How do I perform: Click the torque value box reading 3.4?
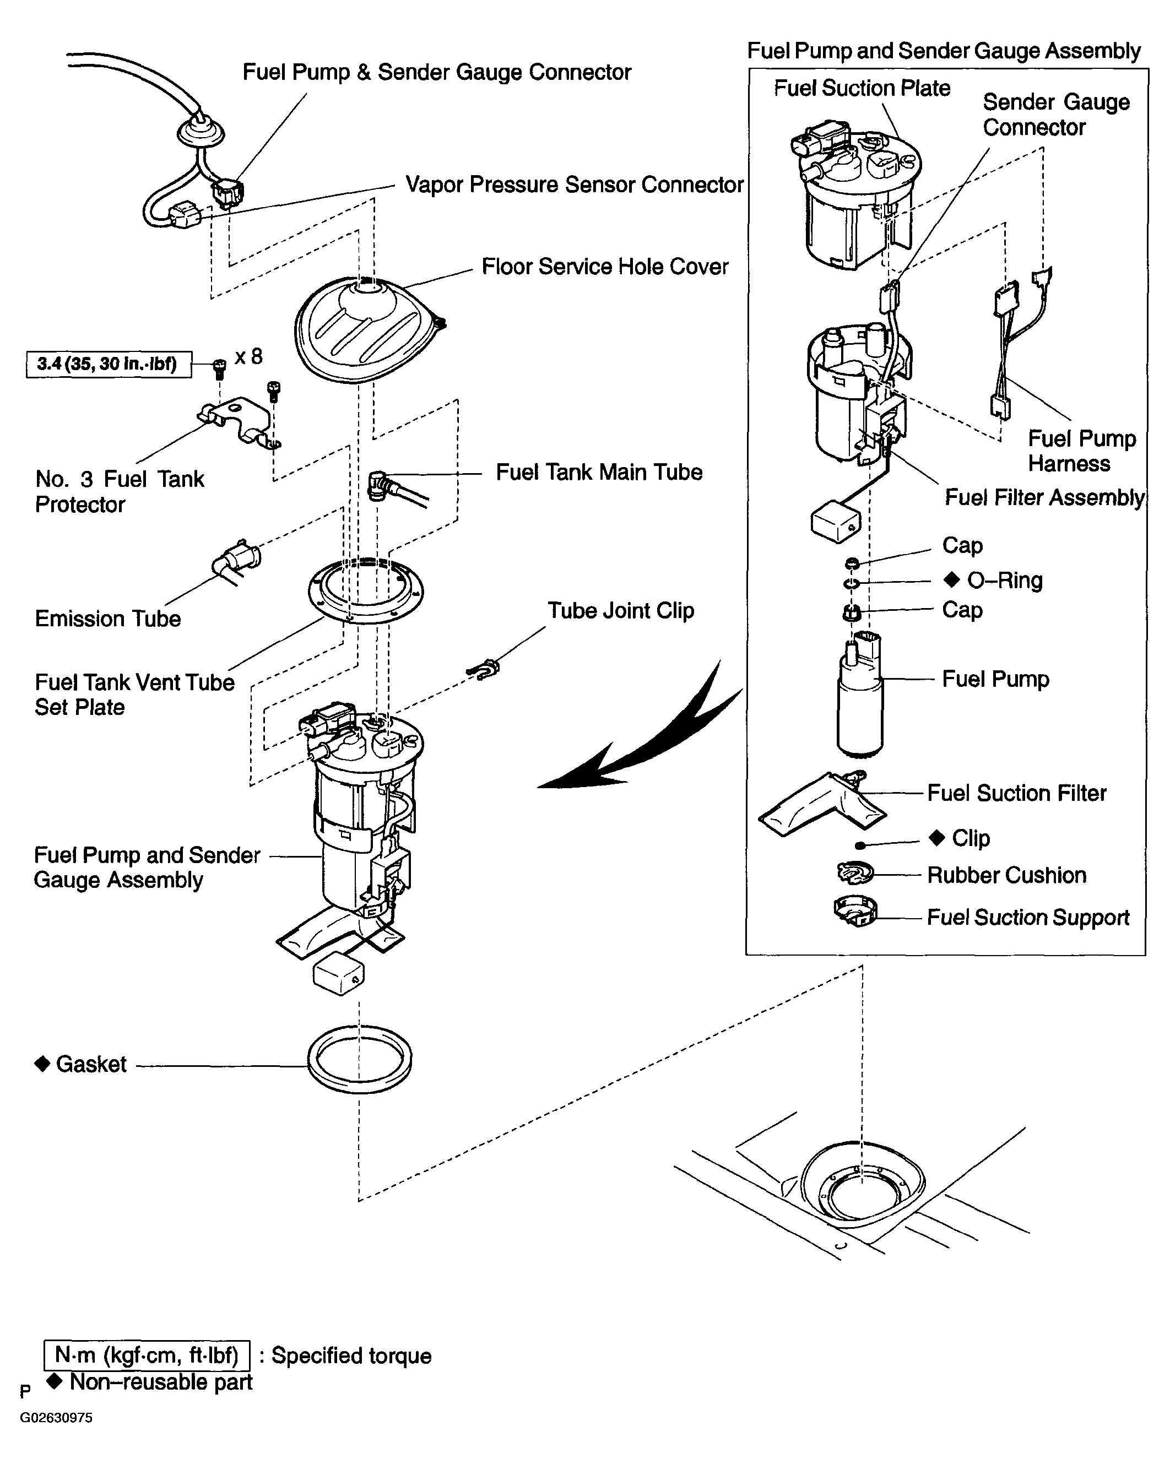tap(109, 364)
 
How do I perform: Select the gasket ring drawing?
tap(360, 1060)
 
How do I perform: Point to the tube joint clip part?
tap(484, 670)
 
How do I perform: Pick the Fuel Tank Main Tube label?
tap(599, 472)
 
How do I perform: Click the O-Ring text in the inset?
tap(1004, 580)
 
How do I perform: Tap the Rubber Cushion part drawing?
tap(855, 872)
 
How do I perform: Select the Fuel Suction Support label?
tap(1028, 918)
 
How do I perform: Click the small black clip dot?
tap(860, 845)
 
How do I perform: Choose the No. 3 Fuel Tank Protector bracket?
tap(239, 423)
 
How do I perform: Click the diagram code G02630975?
tap(56, 1417)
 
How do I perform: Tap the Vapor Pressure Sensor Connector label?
tap(575, 185)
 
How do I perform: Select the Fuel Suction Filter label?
tap(1016, 793)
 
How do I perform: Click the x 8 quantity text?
tap(248, 356)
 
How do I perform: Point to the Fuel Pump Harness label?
tap(1082, 451)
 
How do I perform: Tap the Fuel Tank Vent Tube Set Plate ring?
tap(365, 589)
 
